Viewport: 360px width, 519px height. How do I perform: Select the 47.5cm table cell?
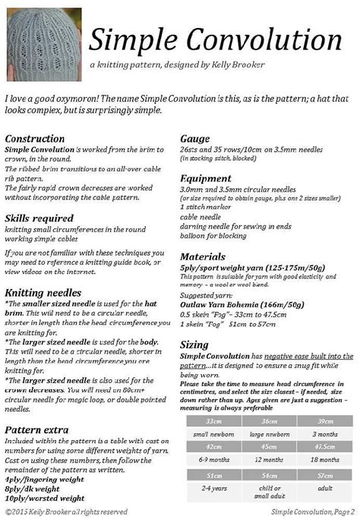pos(324,448)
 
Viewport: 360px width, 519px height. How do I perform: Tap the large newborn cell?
pos(270,434)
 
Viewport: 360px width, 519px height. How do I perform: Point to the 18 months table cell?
pos(324,461)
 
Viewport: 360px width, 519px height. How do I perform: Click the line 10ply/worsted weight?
pos(44,499)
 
